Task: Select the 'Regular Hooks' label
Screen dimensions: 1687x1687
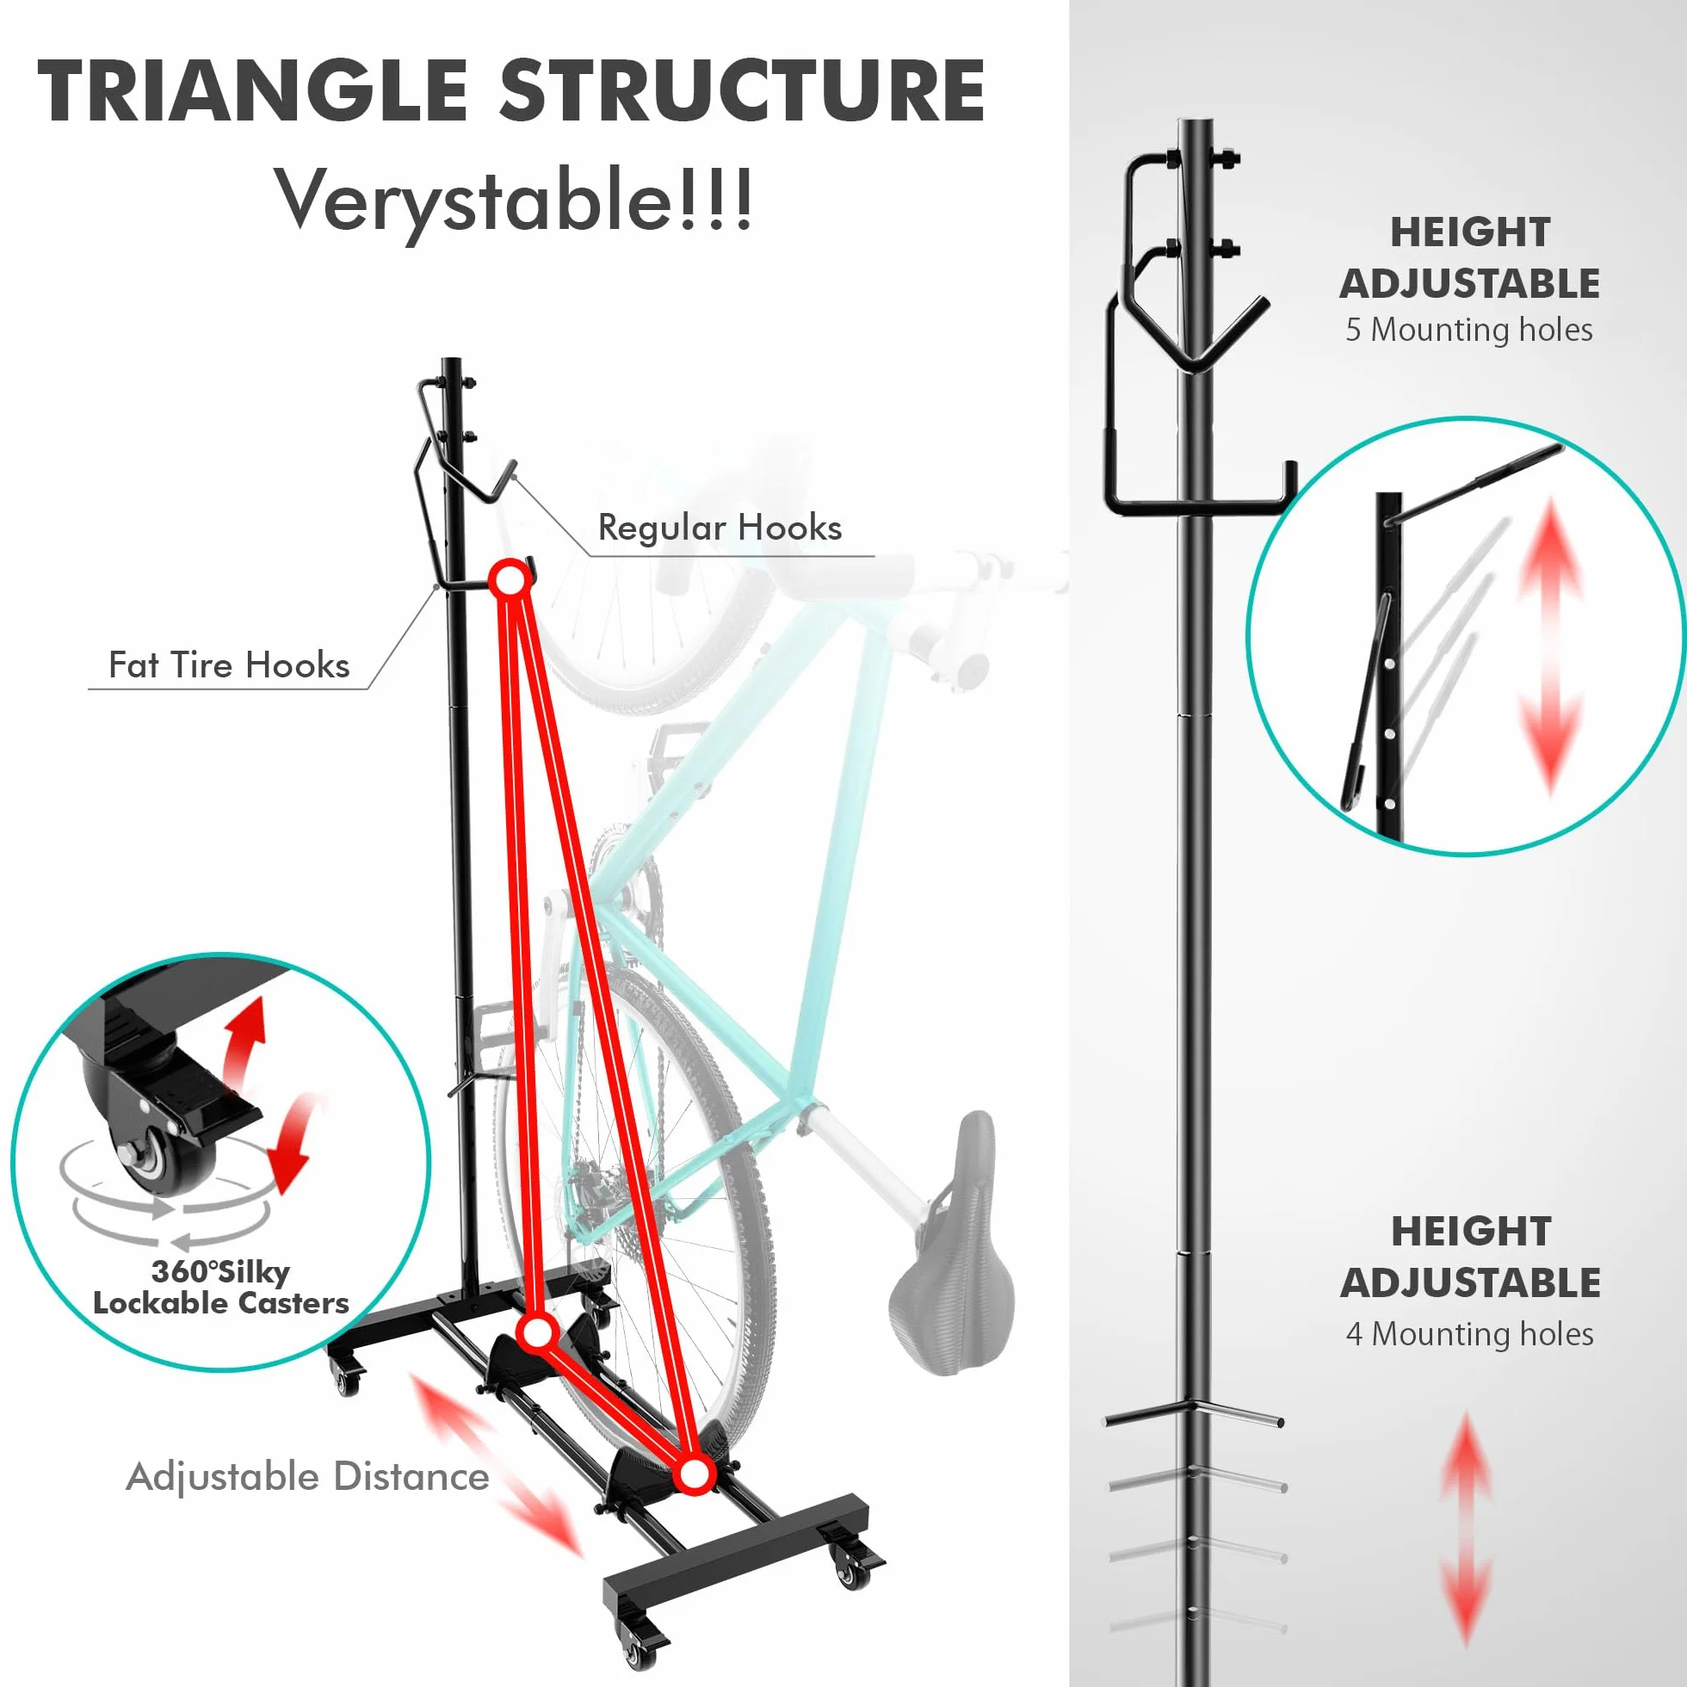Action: coord(720,528)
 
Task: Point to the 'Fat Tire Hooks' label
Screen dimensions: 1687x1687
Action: coord(229,665)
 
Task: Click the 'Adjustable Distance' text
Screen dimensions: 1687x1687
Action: coord(307,1478)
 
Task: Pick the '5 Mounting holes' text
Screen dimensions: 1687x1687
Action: coord(1469,329)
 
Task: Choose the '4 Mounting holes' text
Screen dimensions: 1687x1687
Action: coord(1469,1333)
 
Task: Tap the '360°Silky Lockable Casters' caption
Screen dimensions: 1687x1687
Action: coord(221,1287)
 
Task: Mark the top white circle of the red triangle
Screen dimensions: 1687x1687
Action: coord(510,579)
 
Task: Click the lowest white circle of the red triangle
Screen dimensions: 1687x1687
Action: coord(695,1474)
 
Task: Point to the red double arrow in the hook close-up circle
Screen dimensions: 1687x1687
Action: coord(1550,646)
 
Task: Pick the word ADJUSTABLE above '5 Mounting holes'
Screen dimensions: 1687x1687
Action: coord(1469,283)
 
